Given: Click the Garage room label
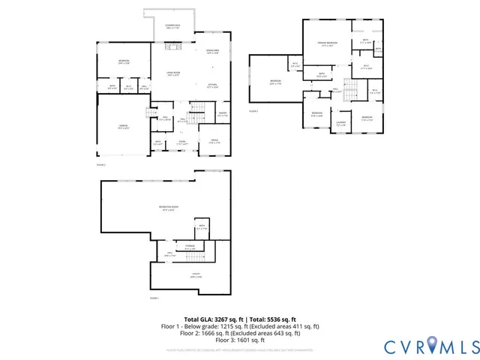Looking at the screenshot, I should pyautogui.click(x=124, y=127).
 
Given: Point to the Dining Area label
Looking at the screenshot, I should pyautogui.click(x=212, y=52).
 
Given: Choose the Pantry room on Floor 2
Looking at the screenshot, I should pyautogui.click(x=223, y=115).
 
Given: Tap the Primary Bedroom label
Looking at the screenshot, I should pyautogui.click(x=325, y=45).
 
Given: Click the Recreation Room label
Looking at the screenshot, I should pyautogui.click(x=169, y=208).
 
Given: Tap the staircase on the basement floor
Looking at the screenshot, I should pyautogui.click(x=193, y=256).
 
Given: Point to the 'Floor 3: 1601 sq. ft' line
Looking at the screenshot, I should pyautogui.click(x=240, y=340).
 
